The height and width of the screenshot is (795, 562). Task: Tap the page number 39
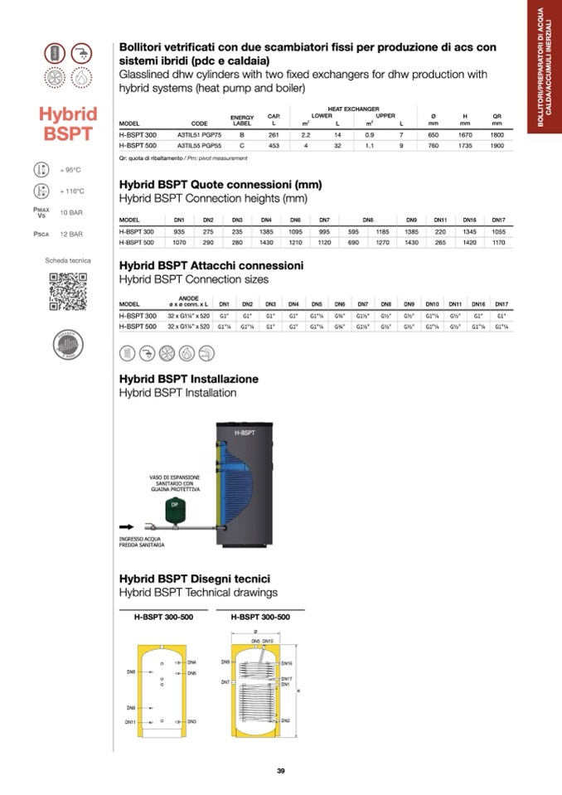[x=281, y=772]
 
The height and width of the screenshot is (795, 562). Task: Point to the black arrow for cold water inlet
[x=126, y=526]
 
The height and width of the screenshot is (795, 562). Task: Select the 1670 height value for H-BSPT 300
[x=465, y=134]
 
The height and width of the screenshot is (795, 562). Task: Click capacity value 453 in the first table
[x=274, y=146]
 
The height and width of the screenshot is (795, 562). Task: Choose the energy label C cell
[x=241, y=146]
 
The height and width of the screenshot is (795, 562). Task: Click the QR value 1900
[x=497, y=146]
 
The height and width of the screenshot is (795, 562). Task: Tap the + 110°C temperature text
[x=72, y=191]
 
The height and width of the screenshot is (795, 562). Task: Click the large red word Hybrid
[x=68, y=114]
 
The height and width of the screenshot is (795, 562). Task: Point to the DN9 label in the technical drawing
[x=225, y=662]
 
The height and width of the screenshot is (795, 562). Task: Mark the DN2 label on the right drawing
[x=285, y=720]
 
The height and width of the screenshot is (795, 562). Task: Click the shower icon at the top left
[x=81, y=52]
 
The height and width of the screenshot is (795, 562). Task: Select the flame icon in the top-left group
[x=81, y=77]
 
